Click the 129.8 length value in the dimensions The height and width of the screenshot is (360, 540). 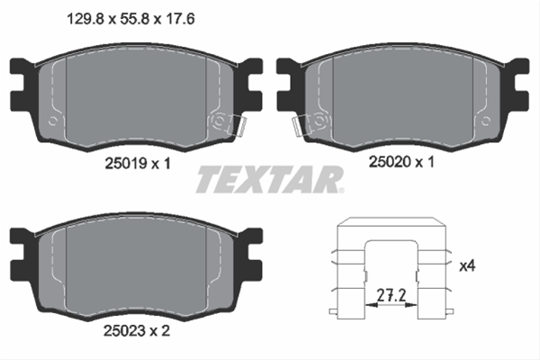[85, 19]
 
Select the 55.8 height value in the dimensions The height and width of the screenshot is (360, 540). [135, 19]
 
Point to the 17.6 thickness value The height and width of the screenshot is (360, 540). [180, 19]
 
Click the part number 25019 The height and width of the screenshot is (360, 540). [126, 163]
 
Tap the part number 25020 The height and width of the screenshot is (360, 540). [391, 162]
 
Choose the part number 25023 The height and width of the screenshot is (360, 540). [125, 330]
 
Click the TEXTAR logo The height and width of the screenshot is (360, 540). [270, 179]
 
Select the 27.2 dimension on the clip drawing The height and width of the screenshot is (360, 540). [391, 295]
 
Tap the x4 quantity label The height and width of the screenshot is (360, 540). [467, 265]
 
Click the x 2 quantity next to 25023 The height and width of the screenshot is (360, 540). [160, 330]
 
